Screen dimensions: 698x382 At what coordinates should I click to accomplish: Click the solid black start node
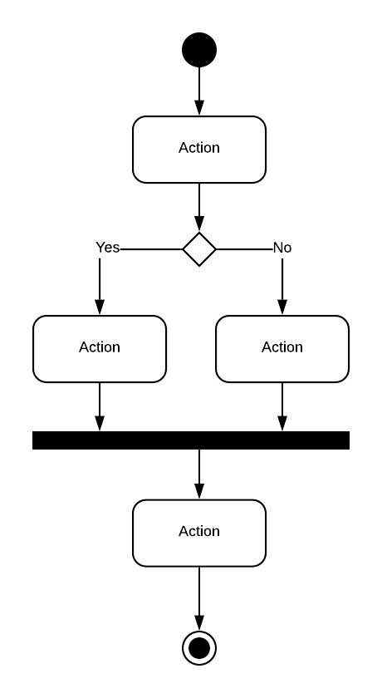(199, 50)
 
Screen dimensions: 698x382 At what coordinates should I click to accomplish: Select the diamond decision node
(199, 248)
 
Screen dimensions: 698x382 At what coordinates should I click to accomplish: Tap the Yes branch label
(107, 248)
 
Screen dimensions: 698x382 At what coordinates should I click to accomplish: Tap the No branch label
(282, 248)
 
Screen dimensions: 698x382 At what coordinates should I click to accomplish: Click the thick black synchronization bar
(191, 440)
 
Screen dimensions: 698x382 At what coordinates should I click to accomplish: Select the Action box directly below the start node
(199, 149)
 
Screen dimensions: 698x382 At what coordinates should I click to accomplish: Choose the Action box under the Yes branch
(100, 348)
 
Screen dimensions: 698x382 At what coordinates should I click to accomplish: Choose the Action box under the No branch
(282, 348)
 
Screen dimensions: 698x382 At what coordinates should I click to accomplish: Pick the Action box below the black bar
(199, 532)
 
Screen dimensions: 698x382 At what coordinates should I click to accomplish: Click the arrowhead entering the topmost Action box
(199, 108)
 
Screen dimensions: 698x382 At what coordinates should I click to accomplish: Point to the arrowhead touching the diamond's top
(199, 224)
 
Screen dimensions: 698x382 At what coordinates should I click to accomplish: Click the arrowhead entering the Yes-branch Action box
(100, 307)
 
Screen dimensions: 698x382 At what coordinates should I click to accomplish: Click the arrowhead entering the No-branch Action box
(282, 307)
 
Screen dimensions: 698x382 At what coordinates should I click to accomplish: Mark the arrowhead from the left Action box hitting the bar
(100, 424)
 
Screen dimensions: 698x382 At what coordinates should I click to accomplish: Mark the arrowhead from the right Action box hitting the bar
(282, 424)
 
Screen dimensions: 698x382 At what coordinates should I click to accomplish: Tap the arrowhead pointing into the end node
(199, 623)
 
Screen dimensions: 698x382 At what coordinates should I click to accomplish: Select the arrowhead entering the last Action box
(199, 491)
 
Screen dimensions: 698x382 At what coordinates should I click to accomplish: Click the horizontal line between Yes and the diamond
(151, 248)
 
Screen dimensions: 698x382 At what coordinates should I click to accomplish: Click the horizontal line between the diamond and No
(244, 248)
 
